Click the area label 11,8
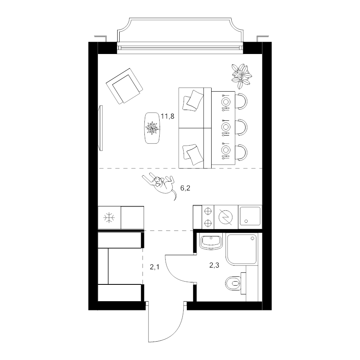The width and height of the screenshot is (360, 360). point(167,116)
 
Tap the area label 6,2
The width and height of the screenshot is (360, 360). point(185,188)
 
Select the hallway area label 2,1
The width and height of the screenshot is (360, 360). point(154,267)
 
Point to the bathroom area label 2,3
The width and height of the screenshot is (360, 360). point(214,265)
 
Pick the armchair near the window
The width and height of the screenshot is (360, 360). point(124,86)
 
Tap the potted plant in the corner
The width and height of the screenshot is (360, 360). point(241,76)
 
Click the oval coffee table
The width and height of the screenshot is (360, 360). point(152,128)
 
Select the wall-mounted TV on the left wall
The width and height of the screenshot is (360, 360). point(100,128)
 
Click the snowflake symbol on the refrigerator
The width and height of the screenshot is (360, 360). point(109,218)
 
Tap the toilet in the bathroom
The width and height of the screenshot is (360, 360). point(233,283)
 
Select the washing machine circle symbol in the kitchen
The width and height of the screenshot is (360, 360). point(226,217)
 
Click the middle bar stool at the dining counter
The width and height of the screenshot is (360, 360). point(241,126)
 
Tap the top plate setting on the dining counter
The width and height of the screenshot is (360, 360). point(226,102)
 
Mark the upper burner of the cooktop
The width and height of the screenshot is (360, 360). point(208,211)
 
